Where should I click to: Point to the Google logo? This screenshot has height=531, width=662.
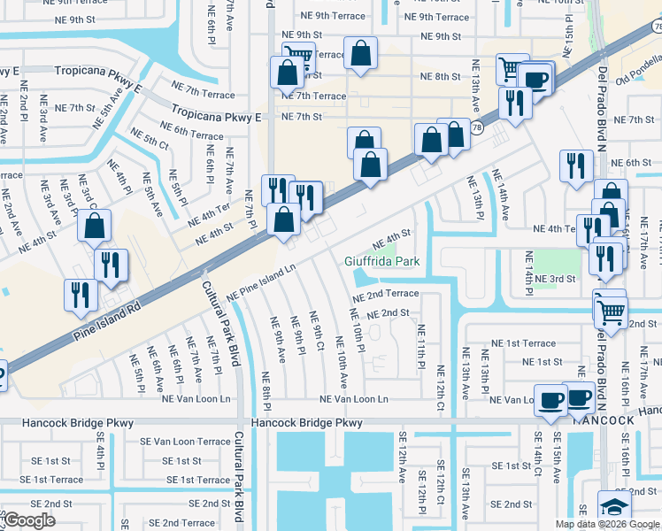point(29,519)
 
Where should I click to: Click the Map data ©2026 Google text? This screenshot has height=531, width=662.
point(608,524)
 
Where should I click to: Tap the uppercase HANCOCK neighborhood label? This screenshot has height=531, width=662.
point(604,421)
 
